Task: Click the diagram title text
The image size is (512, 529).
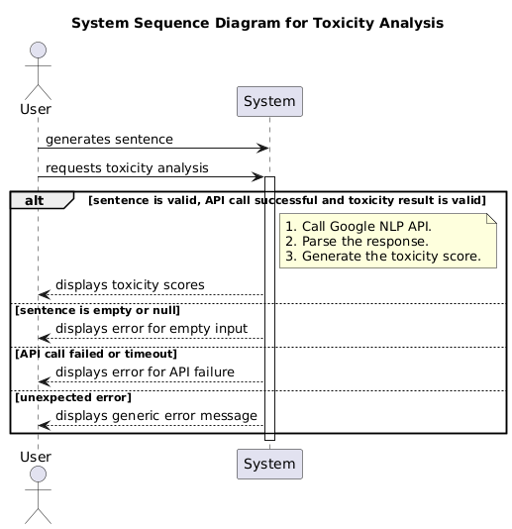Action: (x=256, y=22)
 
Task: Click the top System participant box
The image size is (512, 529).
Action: (x=268, y=101)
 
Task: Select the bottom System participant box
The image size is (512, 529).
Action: (x=268, y=463)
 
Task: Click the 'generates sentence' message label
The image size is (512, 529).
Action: (x=109, y=140)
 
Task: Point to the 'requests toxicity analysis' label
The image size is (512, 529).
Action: (x=127, y=167)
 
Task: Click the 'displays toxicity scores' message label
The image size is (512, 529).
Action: (x=130, y=285)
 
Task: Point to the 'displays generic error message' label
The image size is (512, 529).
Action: (x=156, y=415)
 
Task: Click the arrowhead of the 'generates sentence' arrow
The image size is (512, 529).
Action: (x=264, y=149)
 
